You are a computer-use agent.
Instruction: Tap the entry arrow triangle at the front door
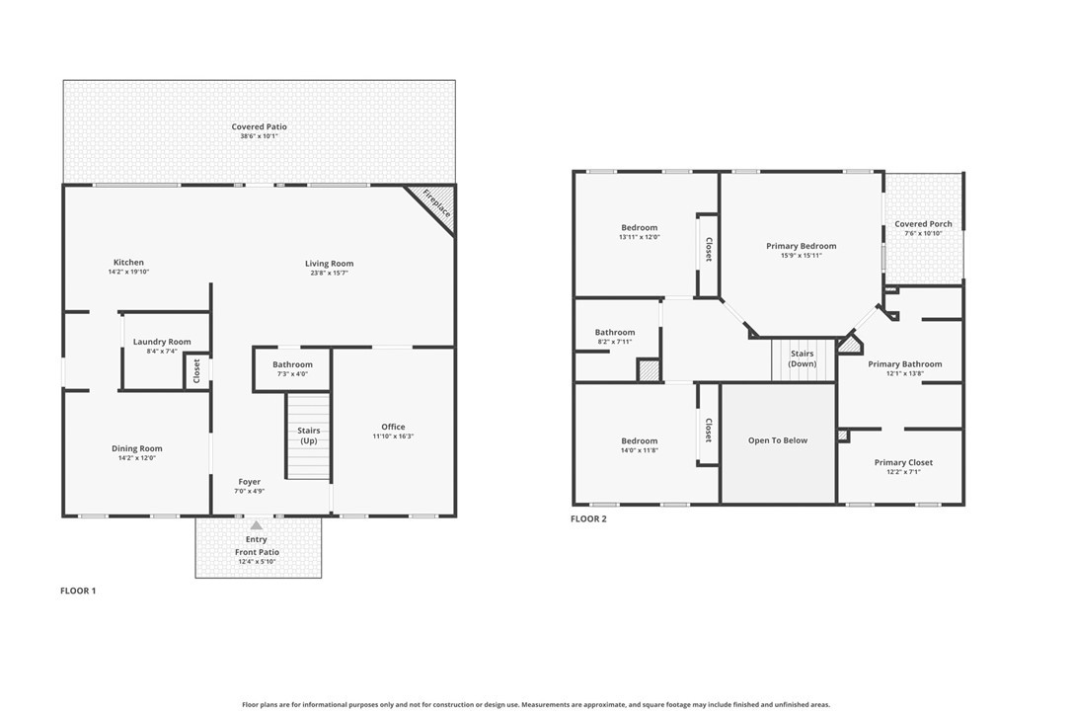[257, 525]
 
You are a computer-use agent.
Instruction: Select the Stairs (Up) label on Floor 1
[308, 436]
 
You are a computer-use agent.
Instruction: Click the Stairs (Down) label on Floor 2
[802, 358]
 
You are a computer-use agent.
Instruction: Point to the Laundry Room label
[162, 342]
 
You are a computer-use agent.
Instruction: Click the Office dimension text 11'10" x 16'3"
[393, 437]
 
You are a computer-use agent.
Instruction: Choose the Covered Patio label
[259, 126]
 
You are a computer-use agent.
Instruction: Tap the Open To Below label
[777, 440]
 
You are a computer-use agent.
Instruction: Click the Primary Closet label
[902, 462]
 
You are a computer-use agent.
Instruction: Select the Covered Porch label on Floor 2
[923, 224]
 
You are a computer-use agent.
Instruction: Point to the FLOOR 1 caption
[78, 591]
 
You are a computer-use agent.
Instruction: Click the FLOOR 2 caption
[588, 518]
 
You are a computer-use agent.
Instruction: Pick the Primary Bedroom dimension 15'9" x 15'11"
[801, 256]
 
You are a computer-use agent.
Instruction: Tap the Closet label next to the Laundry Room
[196, 370]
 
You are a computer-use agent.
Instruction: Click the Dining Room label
[136, 448]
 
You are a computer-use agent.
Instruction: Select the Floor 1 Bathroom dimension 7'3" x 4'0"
[292, 374]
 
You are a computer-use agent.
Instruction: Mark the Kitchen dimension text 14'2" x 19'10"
[127, 273]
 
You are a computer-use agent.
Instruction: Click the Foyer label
[249, 482]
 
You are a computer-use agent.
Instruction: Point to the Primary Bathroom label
[904, 363]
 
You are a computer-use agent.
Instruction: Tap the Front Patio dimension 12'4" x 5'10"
[257, 562]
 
